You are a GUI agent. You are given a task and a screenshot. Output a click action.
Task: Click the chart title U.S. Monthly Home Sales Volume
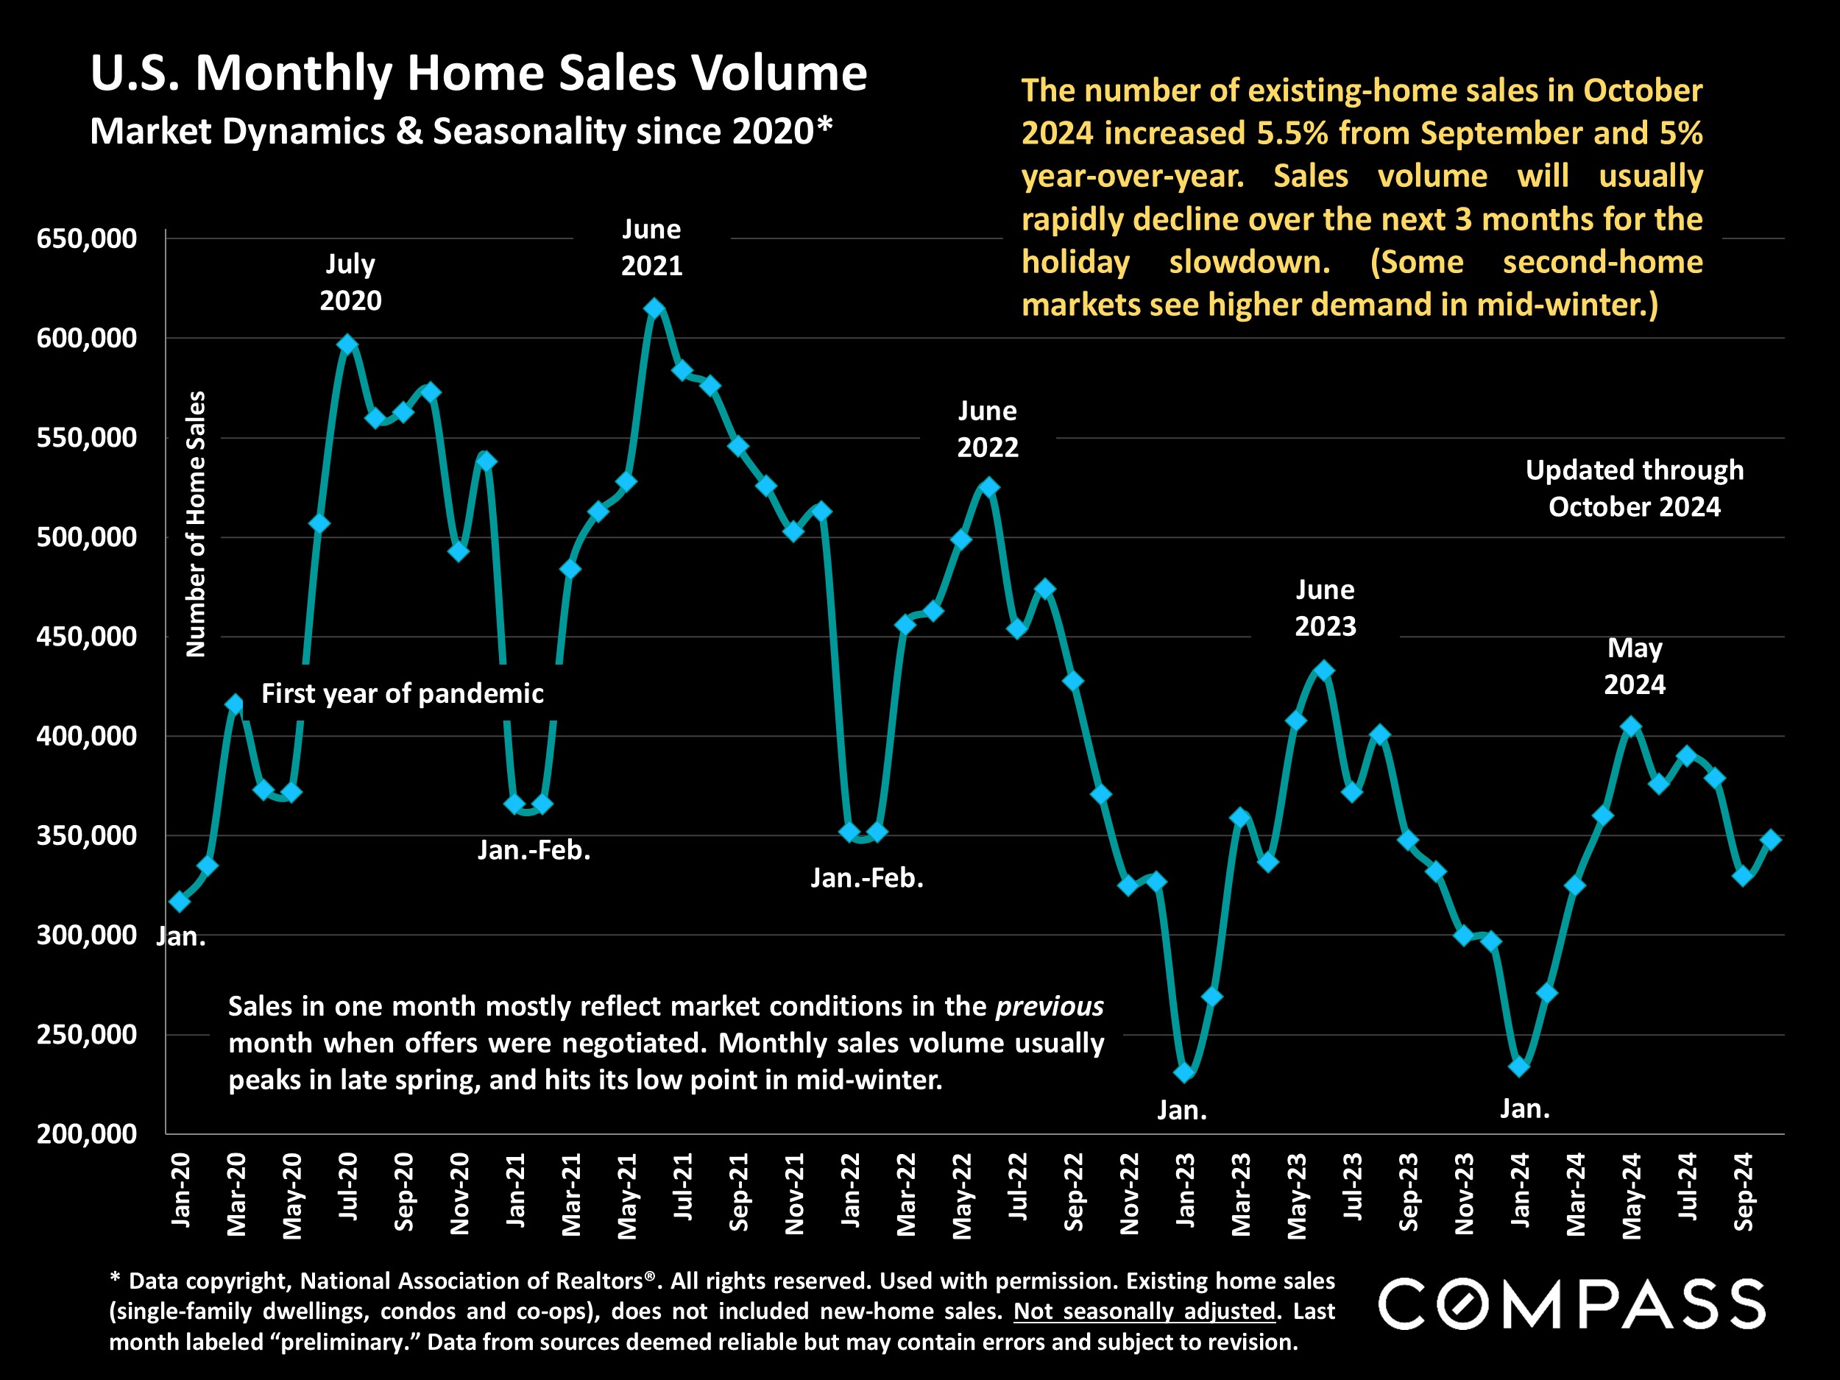click(x=478, y=73)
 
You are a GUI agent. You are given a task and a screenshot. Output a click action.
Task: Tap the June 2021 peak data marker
click(x=654, y=308)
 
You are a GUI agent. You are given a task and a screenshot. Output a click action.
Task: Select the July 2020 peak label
click(x=350, y=282)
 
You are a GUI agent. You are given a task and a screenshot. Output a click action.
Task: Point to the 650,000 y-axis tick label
click(x=87, y=238)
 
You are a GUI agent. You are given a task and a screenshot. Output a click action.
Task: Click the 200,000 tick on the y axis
click(x=87, y=1133)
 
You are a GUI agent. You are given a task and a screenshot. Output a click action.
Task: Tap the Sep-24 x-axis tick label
click(x=1743, y=1191)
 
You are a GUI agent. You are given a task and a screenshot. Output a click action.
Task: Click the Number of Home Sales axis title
click(x=196, y=524)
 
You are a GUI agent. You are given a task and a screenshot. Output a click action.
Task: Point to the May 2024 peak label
click(x=1634, y=666)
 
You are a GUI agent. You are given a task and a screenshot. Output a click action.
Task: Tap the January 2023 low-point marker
click(x=1184, y=1073)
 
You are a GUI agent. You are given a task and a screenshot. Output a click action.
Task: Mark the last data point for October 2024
click(x=1771, y=841)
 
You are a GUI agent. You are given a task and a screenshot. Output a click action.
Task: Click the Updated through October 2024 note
click(x=1634, y=488)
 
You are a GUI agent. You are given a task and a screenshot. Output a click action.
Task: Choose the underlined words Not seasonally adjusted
click(x=1144, y=1312)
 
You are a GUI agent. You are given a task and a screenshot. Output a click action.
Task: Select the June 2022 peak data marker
click(x=989, y=487)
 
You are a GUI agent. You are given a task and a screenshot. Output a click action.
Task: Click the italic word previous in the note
click(x=1050, y=1007)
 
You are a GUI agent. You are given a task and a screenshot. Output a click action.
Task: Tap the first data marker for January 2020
click(x=180, y=902)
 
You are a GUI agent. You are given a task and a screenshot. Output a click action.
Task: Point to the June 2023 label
click(x=1325, y=608)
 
